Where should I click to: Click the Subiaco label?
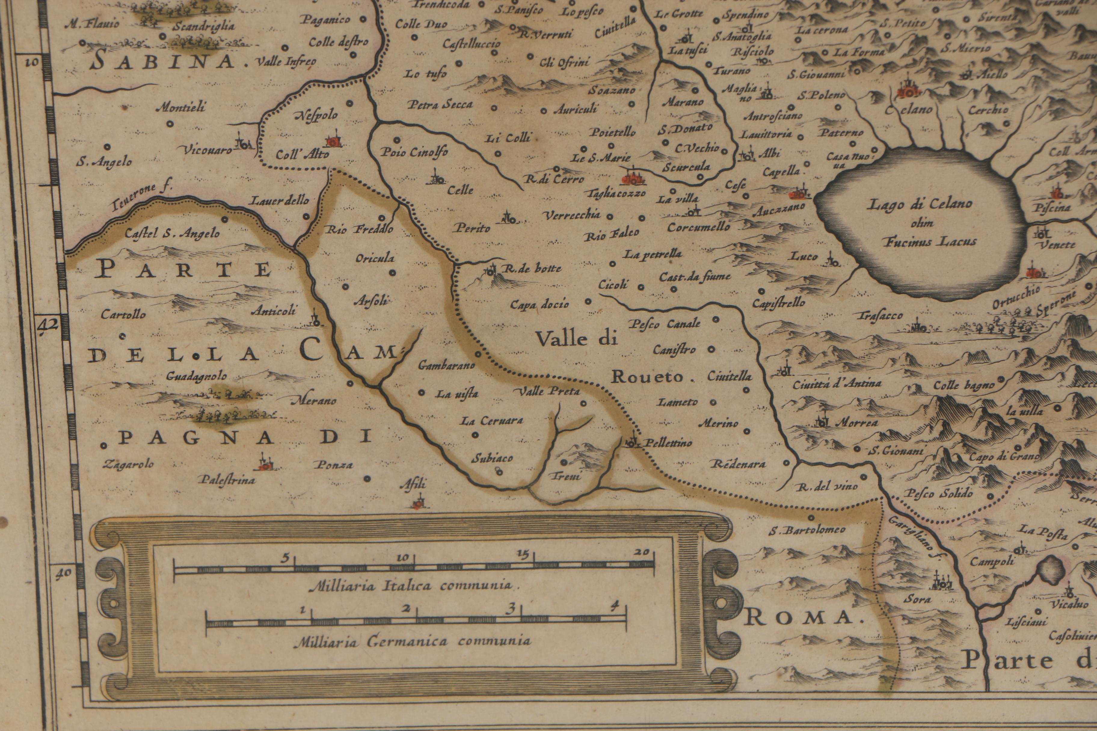pos(492,458)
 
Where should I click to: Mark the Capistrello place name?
pos(778,303)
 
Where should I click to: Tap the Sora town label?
pos(917,599)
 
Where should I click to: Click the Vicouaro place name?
pos(207,150)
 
